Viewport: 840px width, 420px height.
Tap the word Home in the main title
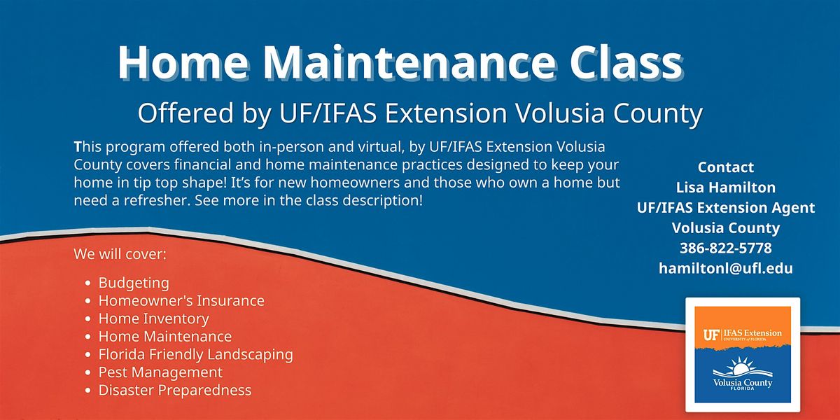pos(183,62)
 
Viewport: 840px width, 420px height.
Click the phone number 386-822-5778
pos(726,248)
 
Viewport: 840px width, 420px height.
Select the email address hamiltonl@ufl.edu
pos(726,268)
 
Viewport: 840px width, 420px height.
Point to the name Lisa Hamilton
pos(726,187)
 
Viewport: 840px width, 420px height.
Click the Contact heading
pos(726,167)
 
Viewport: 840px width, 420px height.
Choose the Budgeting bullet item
pos(134,283)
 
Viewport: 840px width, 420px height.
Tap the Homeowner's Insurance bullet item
pos(181,301)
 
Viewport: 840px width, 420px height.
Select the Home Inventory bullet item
pos(154,318)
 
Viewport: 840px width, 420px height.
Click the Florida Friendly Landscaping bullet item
pos(196,355)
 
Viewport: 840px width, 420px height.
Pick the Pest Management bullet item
pos(160,372)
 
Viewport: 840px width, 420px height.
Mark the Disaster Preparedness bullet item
pos(175,390)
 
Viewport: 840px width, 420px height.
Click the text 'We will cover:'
pos(120,254)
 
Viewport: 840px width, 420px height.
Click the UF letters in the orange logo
pos(710,335)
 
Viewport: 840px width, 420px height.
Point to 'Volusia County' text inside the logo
pos(743,383)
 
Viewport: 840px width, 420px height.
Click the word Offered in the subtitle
pos(186,113)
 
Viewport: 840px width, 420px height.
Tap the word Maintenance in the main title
pos(409,62)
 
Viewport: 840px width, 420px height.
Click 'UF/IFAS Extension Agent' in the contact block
pos(726,207)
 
